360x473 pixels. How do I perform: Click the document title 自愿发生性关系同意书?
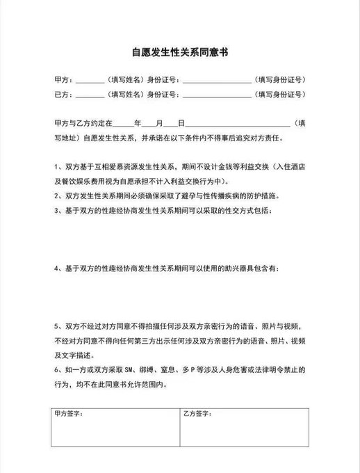[x=180, y=52]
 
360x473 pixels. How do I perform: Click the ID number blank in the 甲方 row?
[x=218, y=81]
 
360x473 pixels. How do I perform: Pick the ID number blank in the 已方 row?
[x=218, y=95]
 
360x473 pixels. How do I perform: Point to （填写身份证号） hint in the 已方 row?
[x=281, y=95]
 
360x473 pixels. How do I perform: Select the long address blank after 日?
[x=236, y=123]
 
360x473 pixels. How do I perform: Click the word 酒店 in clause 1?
[x=299, y=168]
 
